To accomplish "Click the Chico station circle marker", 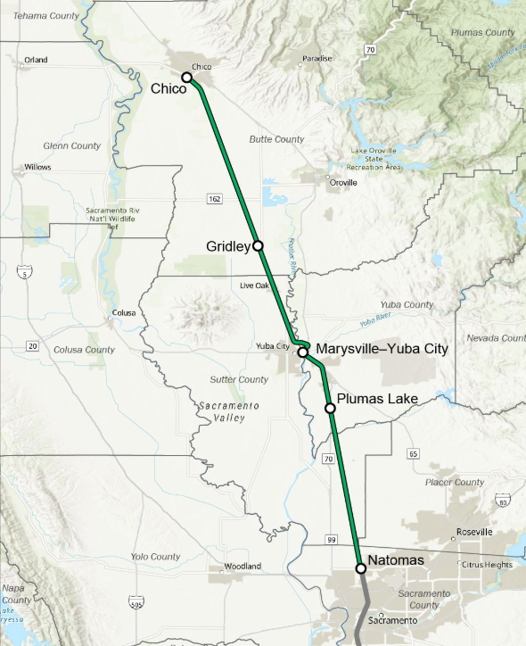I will [x=187, y=78].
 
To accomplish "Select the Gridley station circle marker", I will [x=258, y=245].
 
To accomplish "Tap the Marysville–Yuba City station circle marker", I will [x=303, y=353].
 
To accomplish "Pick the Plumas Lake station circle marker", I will [x=330, y=408].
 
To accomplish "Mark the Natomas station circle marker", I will [x=361, y=568].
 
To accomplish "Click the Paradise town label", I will [x=316, y=59].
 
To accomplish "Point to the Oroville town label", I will [x=342, y=183].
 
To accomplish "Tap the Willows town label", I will [x=38, y=168].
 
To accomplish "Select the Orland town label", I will [x=36, y=60].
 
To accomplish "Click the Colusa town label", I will [x=124, y=313].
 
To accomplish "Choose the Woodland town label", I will [x=242, y=567].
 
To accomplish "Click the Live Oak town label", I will [x=254, y=286].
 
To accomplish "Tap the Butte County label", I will [x=276, y=139].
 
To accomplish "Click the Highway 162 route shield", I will [x=214, y=198].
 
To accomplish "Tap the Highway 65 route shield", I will [x=413, y=454].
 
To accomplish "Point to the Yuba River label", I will [x=377, y=319].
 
